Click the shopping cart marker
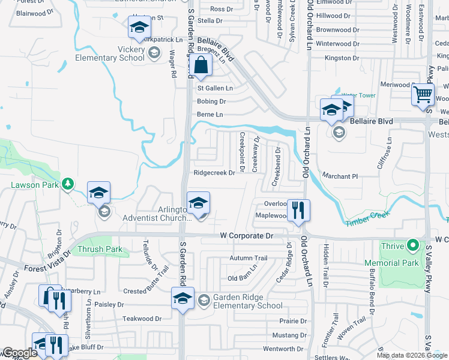pos(423,94)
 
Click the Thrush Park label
pos(99,249)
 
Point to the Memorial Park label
pos(411,263)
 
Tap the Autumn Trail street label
pos(248,258)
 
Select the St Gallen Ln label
pos(215,88)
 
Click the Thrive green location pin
pos(412,245)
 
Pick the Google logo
pos(19,353)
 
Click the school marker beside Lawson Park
pos(99,193)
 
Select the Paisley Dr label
pos(109,305)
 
